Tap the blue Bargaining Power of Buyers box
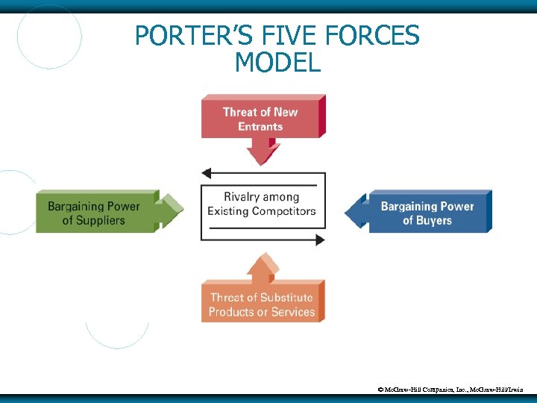(427, 213)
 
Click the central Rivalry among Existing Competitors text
(261, 204)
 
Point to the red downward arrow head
(262, 156)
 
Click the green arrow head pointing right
(172, 211)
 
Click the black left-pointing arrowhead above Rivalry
(207, 173)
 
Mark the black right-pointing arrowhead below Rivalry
(320, 240)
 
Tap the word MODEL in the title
(277, 63)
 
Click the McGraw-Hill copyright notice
(454, 389)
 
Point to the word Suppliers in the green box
(100, 220)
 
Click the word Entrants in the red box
(260, 127)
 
